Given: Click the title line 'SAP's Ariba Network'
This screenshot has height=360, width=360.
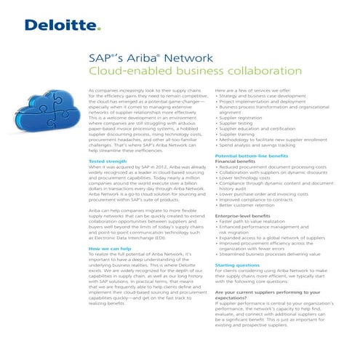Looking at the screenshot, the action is click(140, 58).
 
